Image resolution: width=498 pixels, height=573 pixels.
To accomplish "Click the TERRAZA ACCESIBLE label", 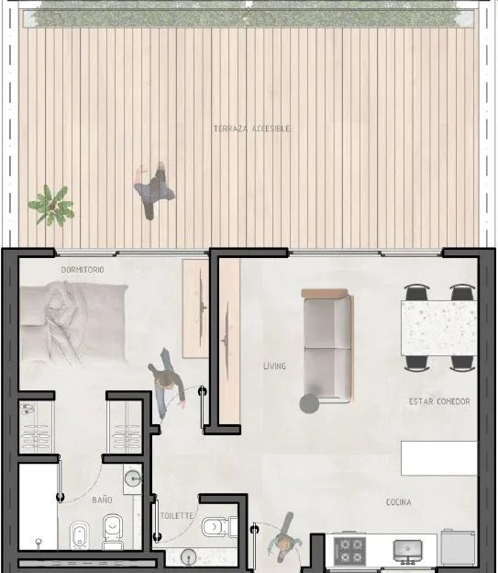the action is [x=252, y=129].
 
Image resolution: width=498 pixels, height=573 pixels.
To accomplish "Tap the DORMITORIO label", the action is [x=83, y=270].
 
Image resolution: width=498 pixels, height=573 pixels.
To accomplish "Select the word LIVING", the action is [x=274, y=365].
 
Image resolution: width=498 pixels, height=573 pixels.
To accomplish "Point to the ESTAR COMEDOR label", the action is [x=439, y=401].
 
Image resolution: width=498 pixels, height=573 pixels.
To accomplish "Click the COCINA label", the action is [x=398, y=502].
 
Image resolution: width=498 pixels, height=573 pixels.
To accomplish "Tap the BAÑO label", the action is [x=102, y=500].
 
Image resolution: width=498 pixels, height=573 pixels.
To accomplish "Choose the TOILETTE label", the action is [x=177, y=516].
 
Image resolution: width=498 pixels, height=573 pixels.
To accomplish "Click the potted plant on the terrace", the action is [x=51, y=206].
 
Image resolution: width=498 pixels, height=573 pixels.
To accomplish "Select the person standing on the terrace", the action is [x=153, y=191].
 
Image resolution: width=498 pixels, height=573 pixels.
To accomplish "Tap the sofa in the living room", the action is [x=327, y=345].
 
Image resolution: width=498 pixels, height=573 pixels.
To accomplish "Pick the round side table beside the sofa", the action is [x=309, y=404].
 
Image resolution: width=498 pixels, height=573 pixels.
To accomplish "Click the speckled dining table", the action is [x=439, y=328].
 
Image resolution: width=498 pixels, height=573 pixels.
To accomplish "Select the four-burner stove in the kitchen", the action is [x=349, y=550].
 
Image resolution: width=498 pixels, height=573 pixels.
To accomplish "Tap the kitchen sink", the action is [x=407, y=551].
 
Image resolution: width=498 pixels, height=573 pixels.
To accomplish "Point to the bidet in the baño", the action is [x=79, y=535].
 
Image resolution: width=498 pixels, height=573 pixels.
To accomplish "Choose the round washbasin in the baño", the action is [x=132, y=478].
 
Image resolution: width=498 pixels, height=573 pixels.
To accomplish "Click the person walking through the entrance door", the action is [x=286, y=538].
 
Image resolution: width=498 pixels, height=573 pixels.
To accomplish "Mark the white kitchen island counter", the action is [x=439, y=458].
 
